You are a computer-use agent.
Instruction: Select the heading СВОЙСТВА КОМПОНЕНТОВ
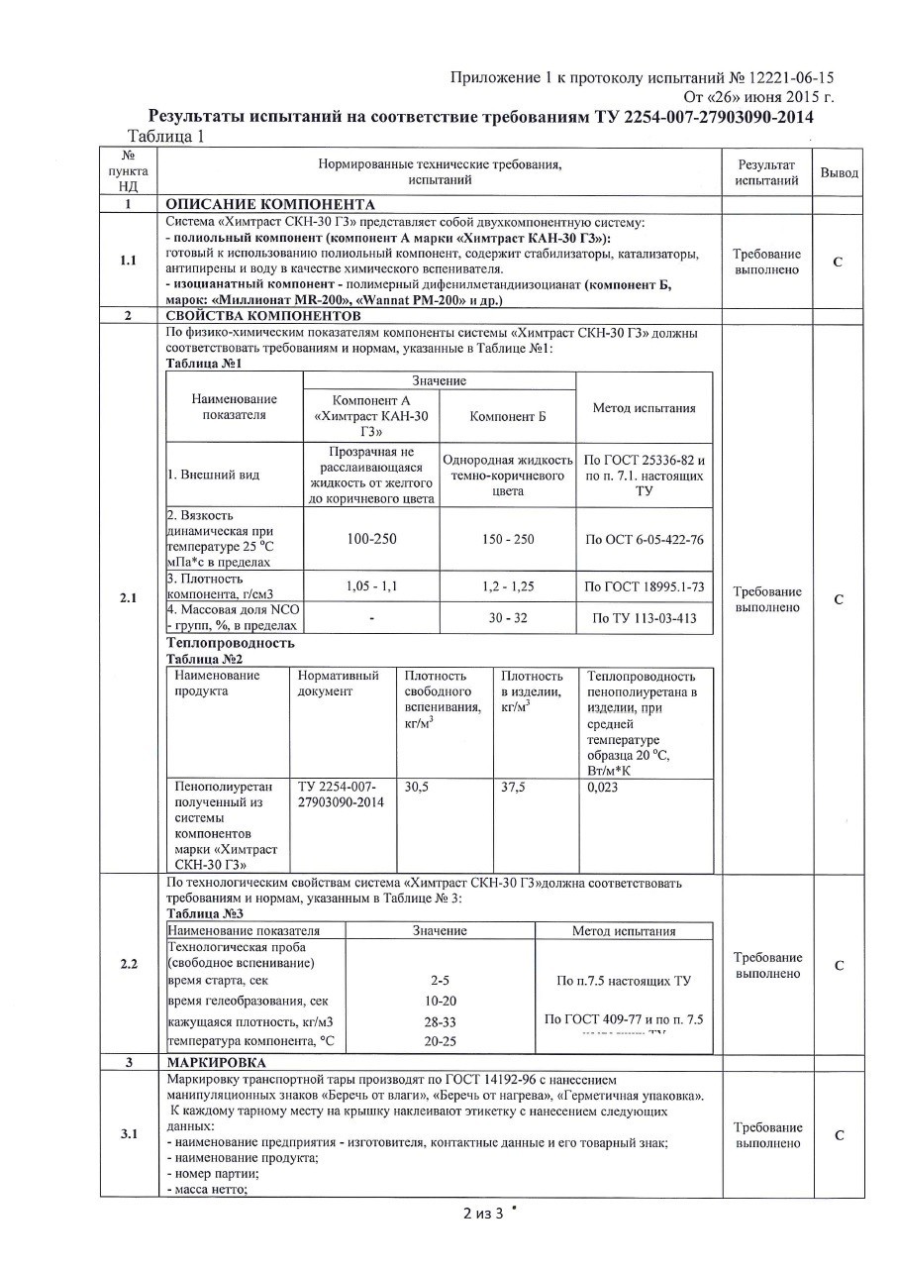[264, 315]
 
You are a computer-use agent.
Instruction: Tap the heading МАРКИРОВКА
[216, 1062]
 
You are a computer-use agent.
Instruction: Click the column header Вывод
[839, 172]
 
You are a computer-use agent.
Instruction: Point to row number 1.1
[128, 261]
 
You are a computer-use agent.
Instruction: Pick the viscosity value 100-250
[371, 539]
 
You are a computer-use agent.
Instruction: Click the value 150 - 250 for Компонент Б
[507, 539]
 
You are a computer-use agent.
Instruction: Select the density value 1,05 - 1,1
[371, 586]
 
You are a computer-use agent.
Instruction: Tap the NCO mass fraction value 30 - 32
[507, 618]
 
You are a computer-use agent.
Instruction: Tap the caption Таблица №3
[205, 913]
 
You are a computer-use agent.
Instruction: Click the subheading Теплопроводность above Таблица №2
[231, 643]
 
